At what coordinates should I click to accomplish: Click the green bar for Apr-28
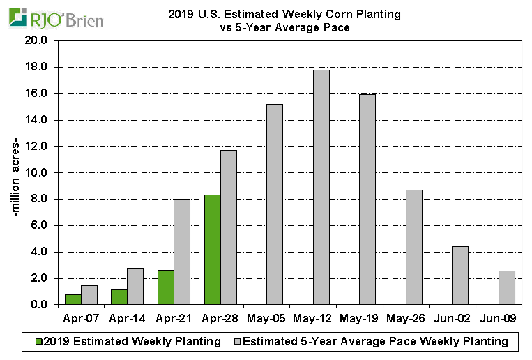212,250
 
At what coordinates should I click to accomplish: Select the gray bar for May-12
321,187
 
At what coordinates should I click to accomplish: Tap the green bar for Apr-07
73,299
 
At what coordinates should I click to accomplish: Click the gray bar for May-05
275,204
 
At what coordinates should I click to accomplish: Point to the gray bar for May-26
414,247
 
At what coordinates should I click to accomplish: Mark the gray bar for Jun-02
460,276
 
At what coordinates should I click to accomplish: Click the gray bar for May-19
367,200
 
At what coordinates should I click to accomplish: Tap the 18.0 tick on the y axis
36,67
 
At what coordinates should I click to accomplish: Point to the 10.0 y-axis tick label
36,173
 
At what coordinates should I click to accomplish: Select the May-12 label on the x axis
313,319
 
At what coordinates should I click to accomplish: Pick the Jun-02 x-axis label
453,319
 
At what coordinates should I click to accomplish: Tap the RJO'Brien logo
55,19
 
